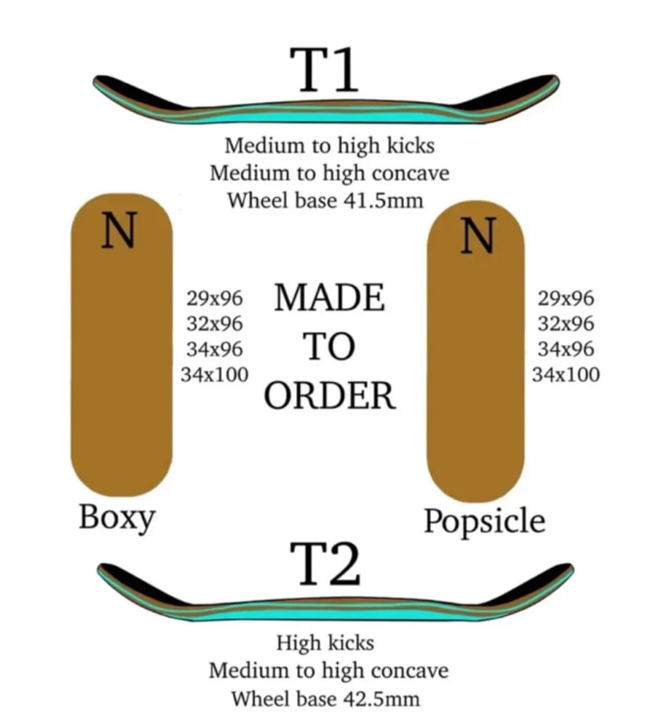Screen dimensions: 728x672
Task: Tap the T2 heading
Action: tap(325, 563)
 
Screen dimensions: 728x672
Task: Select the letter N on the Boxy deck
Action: tap(119, 232)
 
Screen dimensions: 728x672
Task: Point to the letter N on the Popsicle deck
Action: tap(478, 237)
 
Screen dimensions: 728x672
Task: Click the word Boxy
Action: tap(116, 518)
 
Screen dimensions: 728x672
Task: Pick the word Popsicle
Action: tap(484, 521)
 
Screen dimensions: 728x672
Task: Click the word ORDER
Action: tap(330, 396)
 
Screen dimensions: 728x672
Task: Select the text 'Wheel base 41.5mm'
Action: tap(325, 200)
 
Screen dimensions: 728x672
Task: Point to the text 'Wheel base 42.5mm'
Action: tap(325, 699)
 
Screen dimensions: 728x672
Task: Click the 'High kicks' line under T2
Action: tap(325, 644)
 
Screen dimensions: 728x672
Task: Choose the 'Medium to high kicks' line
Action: tap(329, 146)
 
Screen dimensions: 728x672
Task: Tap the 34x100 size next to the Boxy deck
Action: tap(215, 374)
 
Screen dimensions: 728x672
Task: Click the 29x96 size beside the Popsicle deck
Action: tap(566, 298)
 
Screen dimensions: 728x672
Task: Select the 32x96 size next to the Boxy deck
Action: tap(215, 323)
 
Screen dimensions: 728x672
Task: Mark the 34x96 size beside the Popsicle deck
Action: tap(566, 349)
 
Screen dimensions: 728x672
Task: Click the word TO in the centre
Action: tap(329, 347)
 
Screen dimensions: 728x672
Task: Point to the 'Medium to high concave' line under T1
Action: tap(329, 173)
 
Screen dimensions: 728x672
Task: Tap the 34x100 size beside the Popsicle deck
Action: tap(566, 375)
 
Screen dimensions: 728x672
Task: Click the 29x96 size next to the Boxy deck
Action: tap(215, 298)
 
